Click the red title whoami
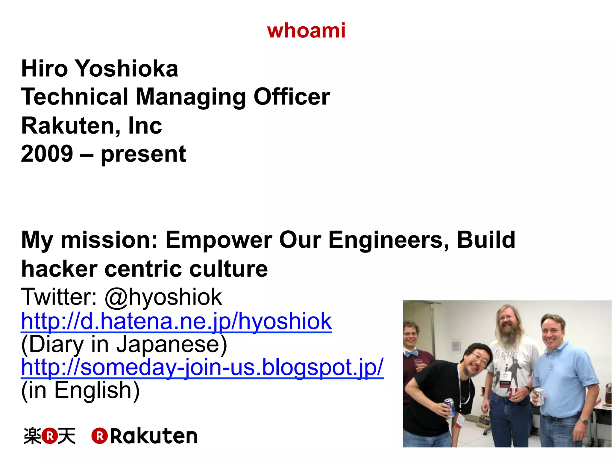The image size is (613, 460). tap(306, 31)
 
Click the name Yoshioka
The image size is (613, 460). tap(126, 69)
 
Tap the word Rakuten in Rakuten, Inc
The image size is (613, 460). tap(69, 126)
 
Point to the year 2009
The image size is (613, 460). tap(47, 154)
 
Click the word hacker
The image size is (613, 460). tap(59, 269)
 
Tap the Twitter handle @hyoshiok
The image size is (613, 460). tap(163, 297)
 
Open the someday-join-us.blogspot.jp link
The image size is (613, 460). tap(202, 367)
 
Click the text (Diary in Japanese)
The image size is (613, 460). tap(124, 344)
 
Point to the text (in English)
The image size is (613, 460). tap(80, 390)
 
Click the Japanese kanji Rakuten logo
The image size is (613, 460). tap(50, 436)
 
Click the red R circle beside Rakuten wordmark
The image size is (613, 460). tap(99, 436)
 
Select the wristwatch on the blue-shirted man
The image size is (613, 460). tap(584, 421)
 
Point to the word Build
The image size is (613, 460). tap(486, 240)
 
